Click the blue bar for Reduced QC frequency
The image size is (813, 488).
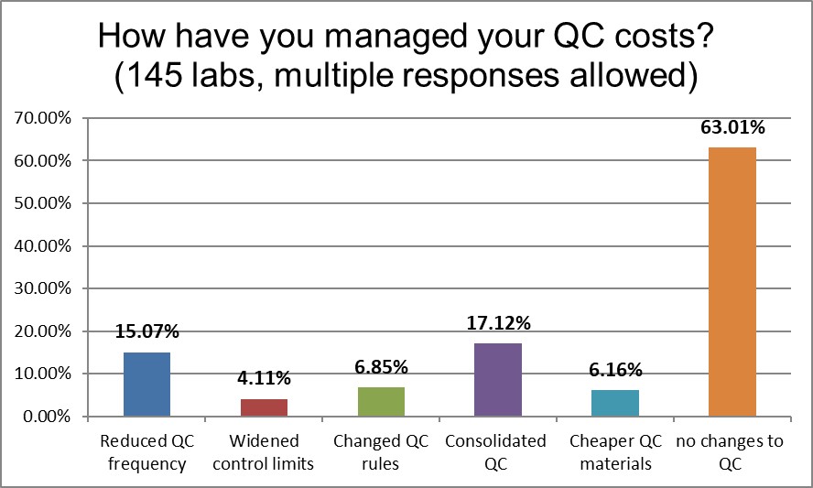coord(146,385)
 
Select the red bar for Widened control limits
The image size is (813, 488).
coord(264,407)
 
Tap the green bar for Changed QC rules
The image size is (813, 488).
coord(381,402)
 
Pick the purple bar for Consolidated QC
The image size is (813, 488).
coord(498,380)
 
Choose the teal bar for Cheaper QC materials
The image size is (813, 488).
coord(615,403)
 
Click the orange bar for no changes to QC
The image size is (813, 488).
coord(732,282)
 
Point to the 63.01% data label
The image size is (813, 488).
coord(732,128)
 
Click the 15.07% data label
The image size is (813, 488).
coord(146,332)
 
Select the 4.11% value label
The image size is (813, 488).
coord(264,378)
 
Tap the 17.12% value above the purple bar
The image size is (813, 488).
coord(498,323)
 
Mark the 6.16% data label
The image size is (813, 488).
coord(615,370)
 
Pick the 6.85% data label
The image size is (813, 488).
coord(381,367)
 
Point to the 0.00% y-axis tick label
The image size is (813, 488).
coord(41,417)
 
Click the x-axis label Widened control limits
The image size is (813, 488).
coord(264,452)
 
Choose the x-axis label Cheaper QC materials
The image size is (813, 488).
coord(615,452)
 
